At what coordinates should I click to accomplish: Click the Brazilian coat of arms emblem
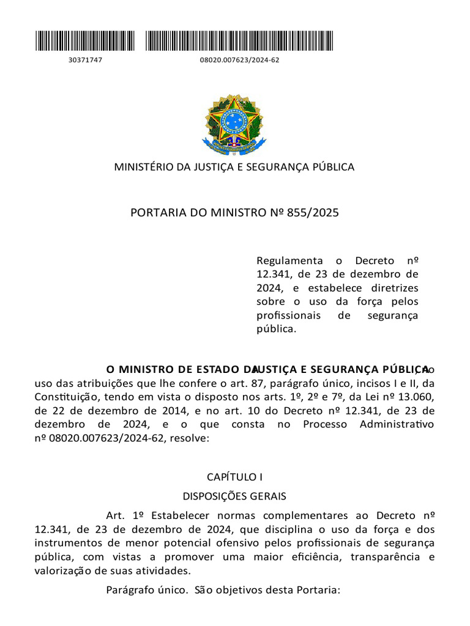click(x=234, y=125)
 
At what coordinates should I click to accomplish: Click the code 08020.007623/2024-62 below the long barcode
click(x=239, y=60)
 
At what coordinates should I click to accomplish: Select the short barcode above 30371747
click(x=85, y=40)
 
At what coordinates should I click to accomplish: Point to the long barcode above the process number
click(x=239, y=40)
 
